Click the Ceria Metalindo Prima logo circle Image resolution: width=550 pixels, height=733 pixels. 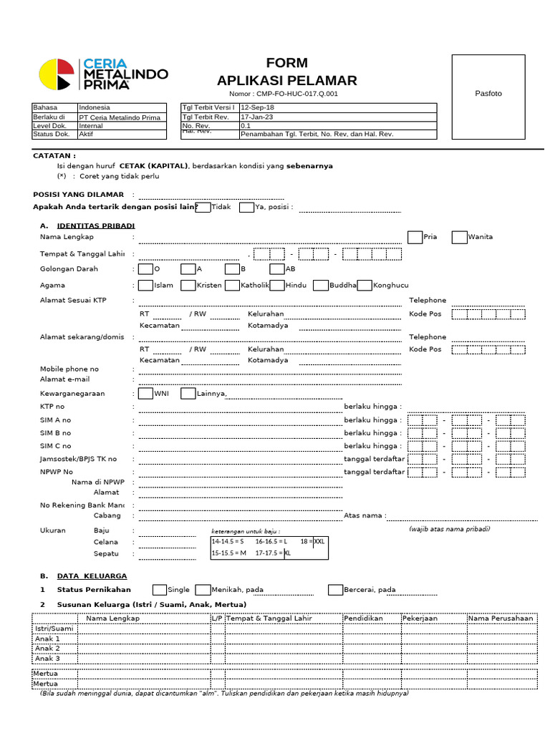click(x=56, y=74)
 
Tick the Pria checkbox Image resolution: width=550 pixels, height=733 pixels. click(x=415, y=238)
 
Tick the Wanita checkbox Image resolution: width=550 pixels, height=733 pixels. click(x=459, y=238)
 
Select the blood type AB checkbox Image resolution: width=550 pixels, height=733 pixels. click(x=277, y=269)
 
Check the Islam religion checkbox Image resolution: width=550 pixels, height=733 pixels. click(x=145, y=285)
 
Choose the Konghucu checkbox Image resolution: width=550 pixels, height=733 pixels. click(x=365, y=285)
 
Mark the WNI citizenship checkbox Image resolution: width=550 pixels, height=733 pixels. click(x=145, y=393)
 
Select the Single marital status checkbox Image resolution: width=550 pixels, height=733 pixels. click(x=159, y=590)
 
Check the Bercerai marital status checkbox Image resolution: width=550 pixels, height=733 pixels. click(x=335, y=590)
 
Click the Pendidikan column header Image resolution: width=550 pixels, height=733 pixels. click(x=363, y=618)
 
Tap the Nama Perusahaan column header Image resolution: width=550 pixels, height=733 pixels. click(x=501, y=618)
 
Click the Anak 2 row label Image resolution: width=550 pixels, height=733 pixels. click(x=48, y=649)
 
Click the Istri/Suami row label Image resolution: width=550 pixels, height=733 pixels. click(x=54, y=628)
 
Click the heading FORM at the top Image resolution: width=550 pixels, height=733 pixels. click(x=286, y=64)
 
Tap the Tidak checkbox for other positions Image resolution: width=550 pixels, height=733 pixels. click(x=203, y=208)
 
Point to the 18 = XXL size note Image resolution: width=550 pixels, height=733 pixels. click(x=312, y=542)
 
